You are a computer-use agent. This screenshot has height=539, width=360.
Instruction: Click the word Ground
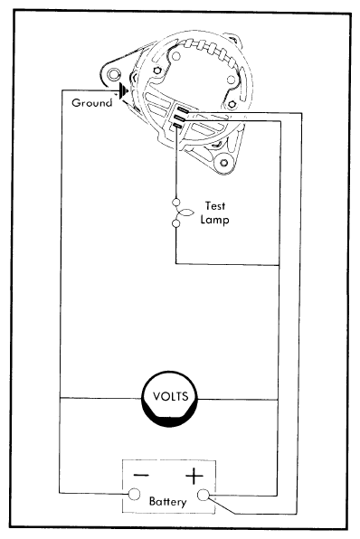coord(91,103)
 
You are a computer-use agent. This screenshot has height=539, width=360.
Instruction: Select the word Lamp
coord(214,218)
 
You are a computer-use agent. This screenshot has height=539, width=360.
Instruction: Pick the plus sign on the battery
coord(195,474)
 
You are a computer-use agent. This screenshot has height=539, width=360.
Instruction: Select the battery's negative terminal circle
coord(133,494)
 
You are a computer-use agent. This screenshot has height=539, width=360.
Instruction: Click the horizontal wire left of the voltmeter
coord(99,398)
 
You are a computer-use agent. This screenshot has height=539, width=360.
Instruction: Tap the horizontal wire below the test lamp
coord(226,264)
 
